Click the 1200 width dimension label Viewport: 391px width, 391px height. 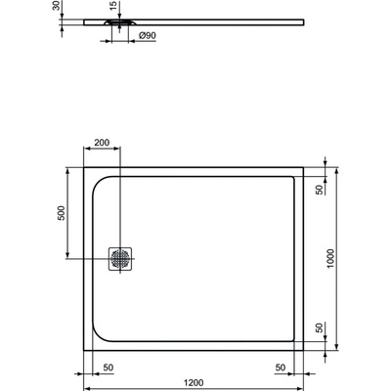tap(193, 384)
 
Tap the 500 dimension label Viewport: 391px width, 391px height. tap(60, 216)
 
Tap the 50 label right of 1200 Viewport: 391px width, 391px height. tap(280, 368)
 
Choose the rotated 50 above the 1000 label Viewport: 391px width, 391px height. tap(319, 190)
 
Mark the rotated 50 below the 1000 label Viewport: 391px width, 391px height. tap(319, 327)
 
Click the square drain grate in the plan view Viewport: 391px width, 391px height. tap(121, 259)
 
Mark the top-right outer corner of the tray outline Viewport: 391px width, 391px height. tap(304, 165)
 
